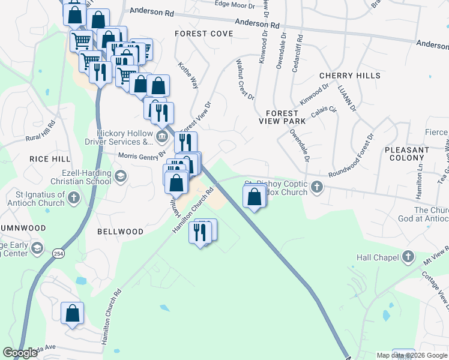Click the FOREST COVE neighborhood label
[203, 34]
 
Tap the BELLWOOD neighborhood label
[120, 232]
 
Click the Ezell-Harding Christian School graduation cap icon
[120, 176]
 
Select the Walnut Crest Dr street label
[246, 79]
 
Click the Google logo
[21, 353]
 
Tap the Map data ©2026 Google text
[412, 355]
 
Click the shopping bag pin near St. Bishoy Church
[255, 197]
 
